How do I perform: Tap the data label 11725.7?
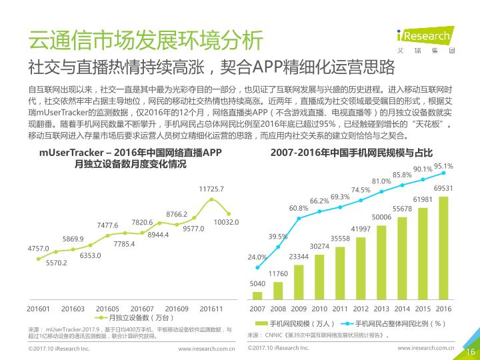(211, 189)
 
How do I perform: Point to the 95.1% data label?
(443, 166)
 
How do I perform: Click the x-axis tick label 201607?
(142, 309)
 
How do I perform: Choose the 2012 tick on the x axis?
(361, 309)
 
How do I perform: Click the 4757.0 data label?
(38, 248)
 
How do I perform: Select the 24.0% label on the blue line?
(257, 257)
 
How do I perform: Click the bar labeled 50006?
(381, 260)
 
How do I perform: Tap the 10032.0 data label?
(226, 221)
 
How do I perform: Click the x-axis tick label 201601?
(38, 309)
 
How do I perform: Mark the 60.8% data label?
(299, 208)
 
